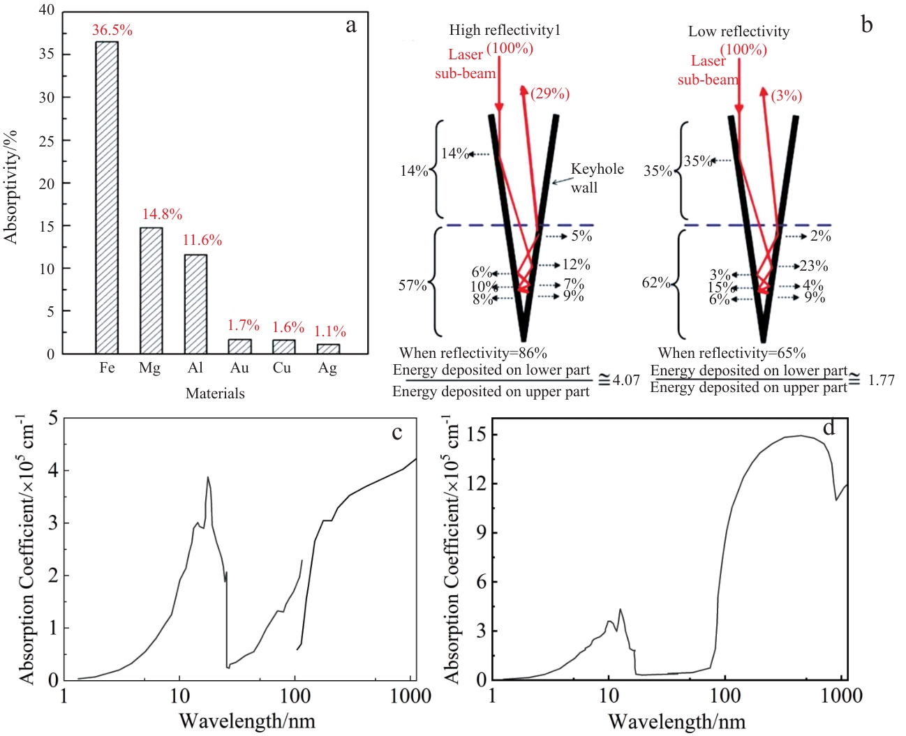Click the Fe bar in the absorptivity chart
(x=107, y=197)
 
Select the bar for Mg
(x=151, y=290)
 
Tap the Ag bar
(x=328, y=349)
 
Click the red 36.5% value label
(x=112, y=30)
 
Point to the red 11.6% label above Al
(x=202, y=240)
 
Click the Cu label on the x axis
(x=282, y=368)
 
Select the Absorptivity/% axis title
(x=10, y=187)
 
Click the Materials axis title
(x=215, y=393)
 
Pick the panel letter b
(x=867, y=25)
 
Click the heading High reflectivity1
(x=505, y=30)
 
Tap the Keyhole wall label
(x=597, y=178)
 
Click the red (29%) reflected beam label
(x=550, y=93)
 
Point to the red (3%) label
(x=786, y=96)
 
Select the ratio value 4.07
(x=626, y=380)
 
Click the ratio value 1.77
(x=881, y=380)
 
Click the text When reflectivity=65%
(x=732, y=353)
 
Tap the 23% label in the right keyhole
(x=814, y=266)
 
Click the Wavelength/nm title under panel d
(x=676, y=721)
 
